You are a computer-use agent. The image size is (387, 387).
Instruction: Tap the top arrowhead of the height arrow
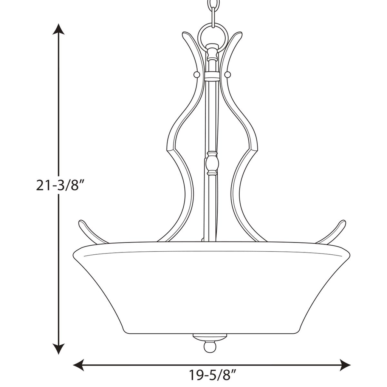pos(58,29)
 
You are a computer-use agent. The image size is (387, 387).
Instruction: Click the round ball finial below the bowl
pos(210,347)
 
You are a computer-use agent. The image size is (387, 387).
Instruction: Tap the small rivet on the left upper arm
pos(197,75)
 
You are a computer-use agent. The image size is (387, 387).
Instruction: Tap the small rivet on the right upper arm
pos(228,75)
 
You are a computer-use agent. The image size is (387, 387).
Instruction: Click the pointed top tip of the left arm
pos(184,34)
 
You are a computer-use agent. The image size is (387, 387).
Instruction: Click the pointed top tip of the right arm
pos(240,34)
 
